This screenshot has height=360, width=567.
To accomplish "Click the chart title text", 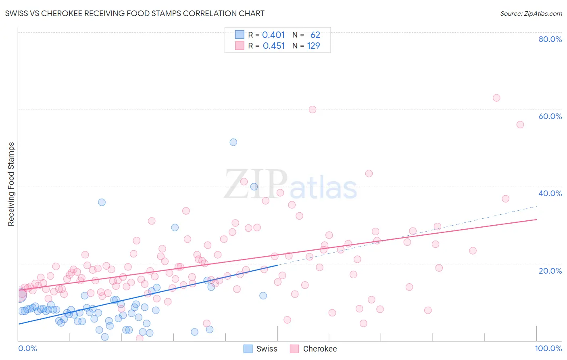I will (135, 13).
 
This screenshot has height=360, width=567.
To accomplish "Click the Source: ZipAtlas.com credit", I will (531, 13).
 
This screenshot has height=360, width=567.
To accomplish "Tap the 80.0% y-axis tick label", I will (550, 39).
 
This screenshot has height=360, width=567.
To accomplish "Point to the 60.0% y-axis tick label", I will (550, 116).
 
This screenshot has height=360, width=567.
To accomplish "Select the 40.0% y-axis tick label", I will (550, 193).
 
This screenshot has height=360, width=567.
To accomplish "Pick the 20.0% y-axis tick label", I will (550, 270).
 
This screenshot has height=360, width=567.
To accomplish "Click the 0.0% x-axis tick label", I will (27, 348).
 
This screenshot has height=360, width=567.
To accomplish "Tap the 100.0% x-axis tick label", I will (548, 348).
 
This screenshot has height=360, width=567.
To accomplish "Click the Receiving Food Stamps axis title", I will (11, 184).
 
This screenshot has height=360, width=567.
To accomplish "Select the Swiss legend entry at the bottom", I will (261, 349).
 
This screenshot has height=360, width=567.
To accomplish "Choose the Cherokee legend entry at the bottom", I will (313, 349).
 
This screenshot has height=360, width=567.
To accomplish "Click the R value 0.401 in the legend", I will (273, 35).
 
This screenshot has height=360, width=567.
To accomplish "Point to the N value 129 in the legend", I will (313, 46).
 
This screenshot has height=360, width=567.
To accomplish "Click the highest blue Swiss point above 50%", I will (233, 142).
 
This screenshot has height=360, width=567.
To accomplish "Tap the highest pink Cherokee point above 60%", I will (496, 98).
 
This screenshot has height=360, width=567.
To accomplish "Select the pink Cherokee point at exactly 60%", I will (313, 109).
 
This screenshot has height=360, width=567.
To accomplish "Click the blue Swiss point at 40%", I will (254, 186).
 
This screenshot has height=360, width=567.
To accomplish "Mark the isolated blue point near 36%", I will (102, 202).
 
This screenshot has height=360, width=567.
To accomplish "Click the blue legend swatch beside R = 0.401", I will (240, 35).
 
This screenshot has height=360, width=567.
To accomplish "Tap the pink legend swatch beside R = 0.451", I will (240, 46).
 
